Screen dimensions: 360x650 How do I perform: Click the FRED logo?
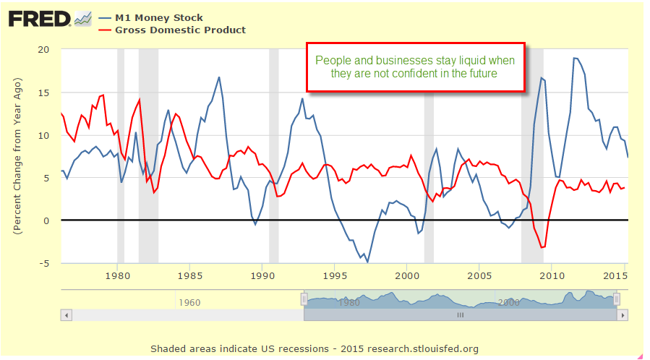point(40,18)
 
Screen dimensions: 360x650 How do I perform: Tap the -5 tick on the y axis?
point(45,263)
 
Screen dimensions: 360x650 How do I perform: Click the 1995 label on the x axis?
point(334,275)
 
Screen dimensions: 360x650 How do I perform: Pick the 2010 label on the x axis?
point(551,275)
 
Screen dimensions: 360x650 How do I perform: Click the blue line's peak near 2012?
point(576,59)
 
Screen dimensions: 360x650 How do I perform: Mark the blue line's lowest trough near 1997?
point(367,261)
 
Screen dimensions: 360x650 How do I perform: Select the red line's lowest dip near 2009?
point(542,247)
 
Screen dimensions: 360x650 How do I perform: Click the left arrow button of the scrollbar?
point(67,315)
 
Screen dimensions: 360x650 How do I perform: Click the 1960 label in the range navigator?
point(189,301)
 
